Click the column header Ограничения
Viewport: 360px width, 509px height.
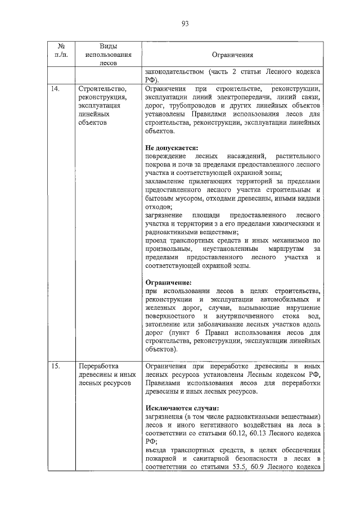232,56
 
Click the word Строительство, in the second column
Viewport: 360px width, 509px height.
103,89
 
